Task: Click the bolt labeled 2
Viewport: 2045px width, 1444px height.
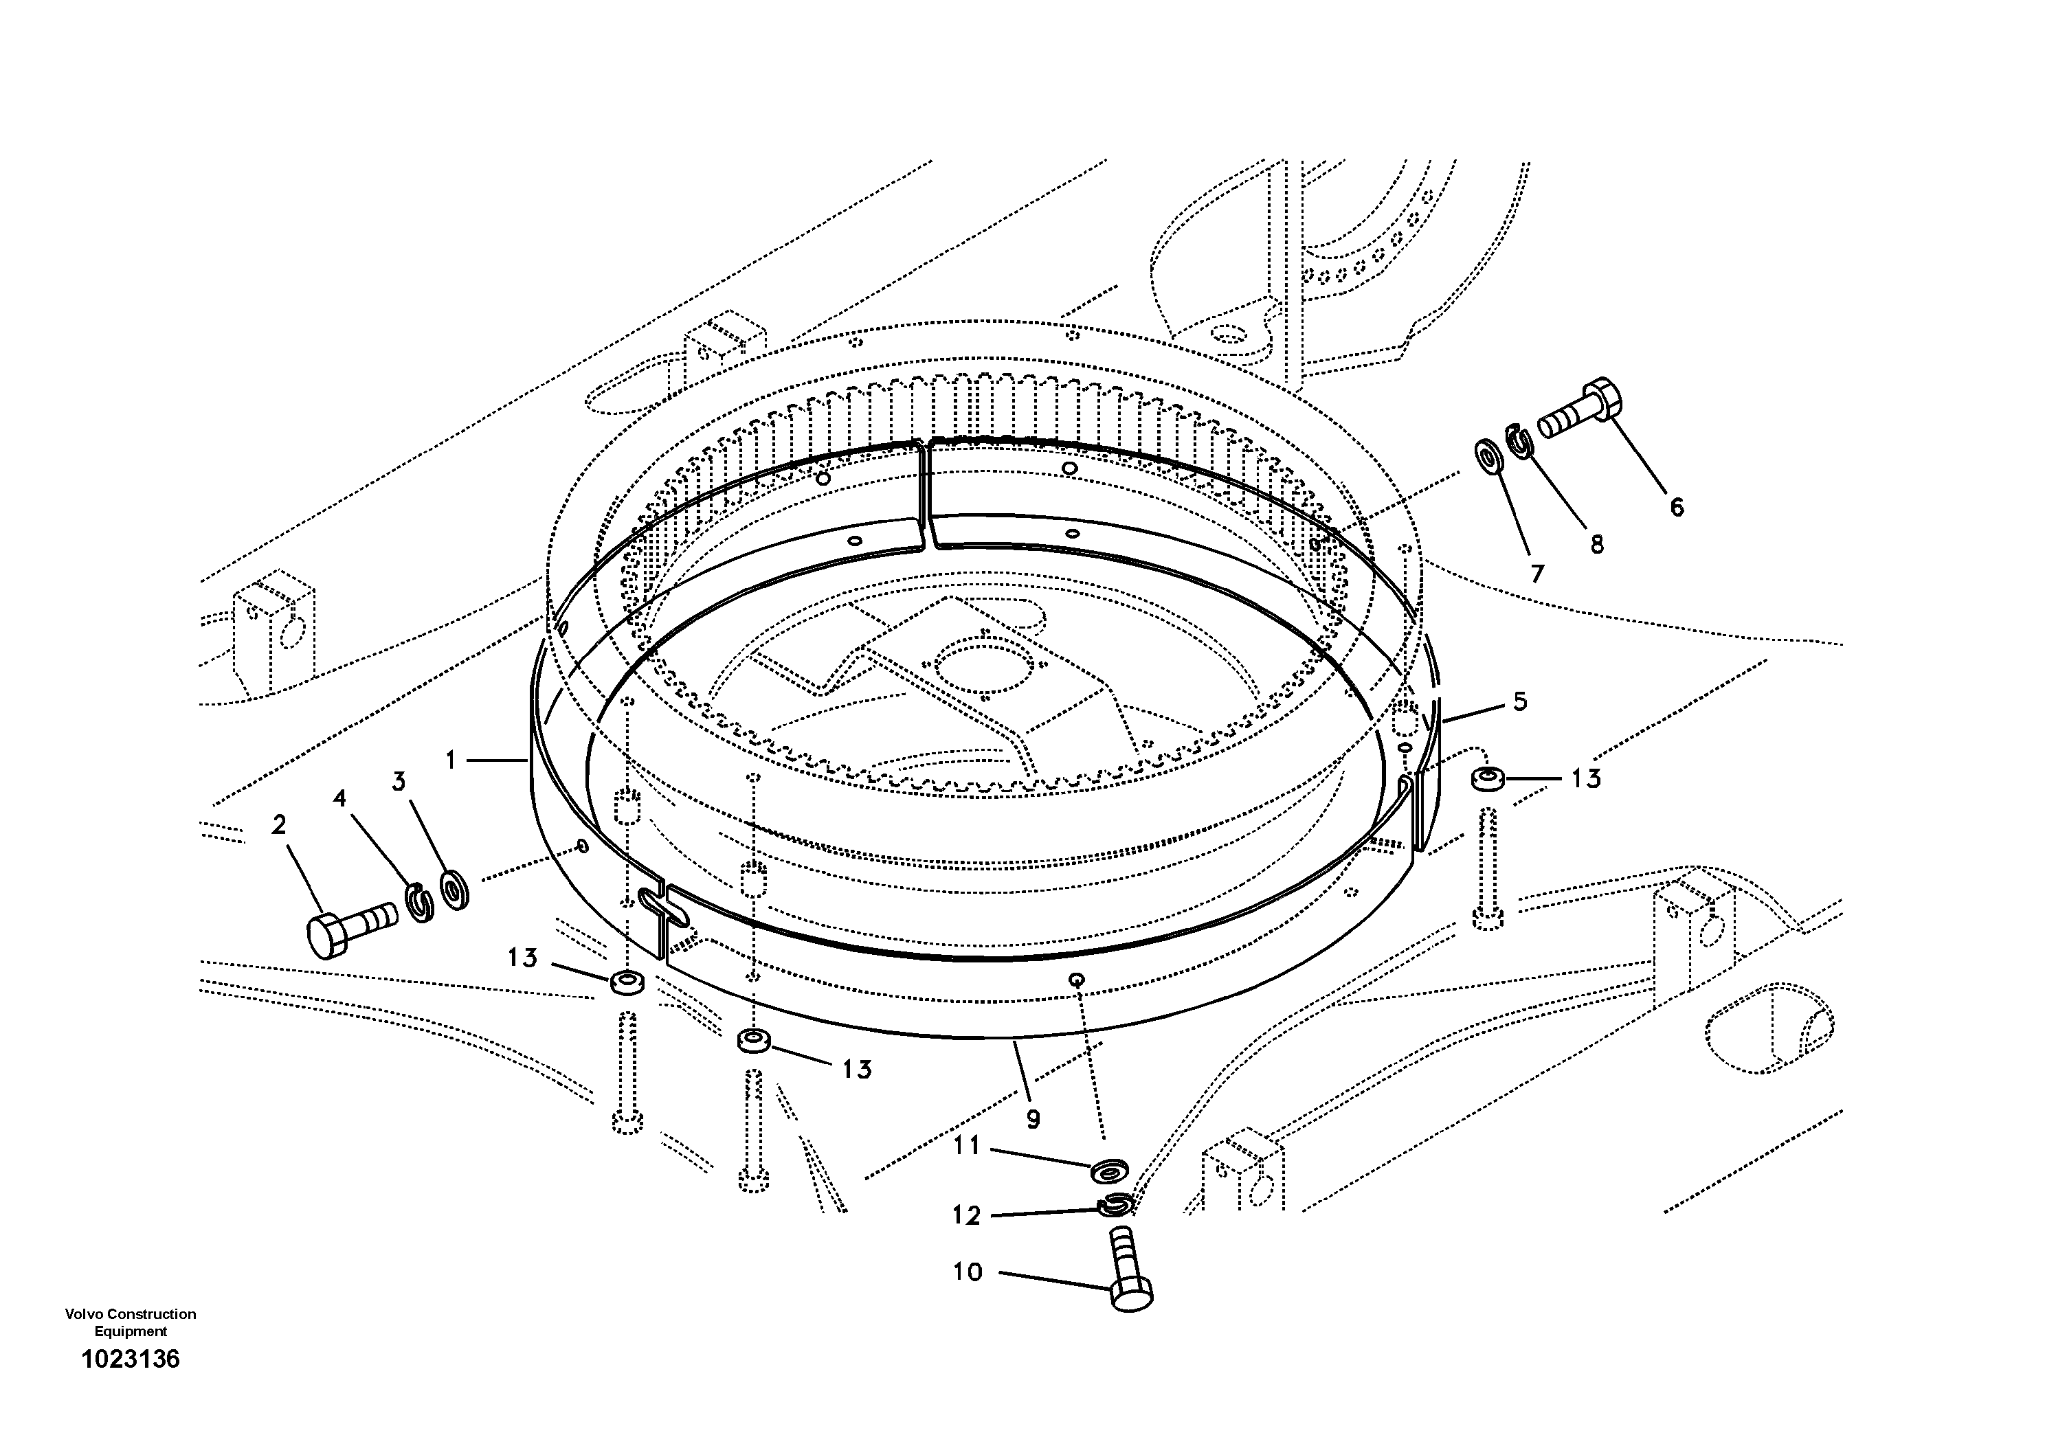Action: coord(349,927)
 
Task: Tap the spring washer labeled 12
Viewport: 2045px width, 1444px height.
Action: coord(1115,1206)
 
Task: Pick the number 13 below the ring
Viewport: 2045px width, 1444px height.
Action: coord(857,1069)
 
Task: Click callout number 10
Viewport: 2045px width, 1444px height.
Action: coord(968,1272)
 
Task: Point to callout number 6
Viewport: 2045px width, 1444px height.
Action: coord(1676,508)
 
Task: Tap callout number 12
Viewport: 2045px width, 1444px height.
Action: coord(966,1216)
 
